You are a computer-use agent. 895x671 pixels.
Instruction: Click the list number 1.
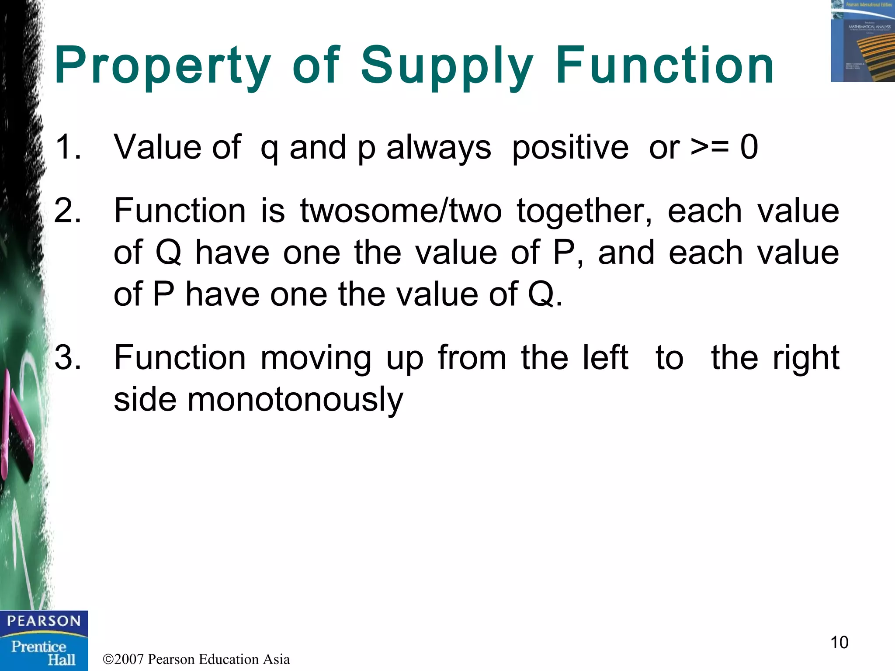[67, 147]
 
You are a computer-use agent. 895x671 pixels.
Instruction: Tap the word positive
[570, 148]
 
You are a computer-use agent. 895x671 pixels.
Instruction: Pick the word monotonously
[295, 400]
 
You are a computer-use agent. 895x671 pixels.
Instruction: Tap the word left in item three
[606, 358]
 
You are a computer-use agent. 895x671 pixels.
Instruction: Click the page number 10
[839, 643]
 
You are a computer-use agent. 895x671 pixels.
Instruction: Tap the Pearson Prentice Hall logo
[44, 640]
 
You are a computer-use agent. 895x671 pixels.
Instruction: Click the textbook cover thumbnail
[862, 41]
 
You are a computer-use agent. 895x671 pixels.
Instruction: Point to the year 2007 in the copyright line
[129, 659]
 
